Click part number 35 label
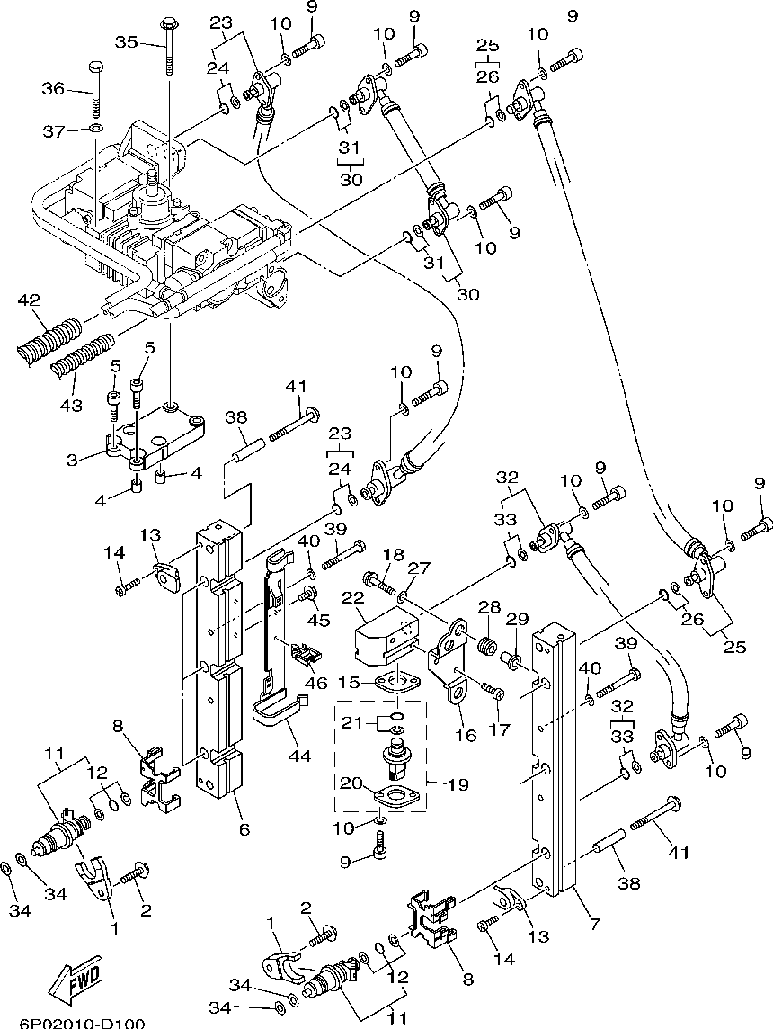pyautogui.click(x=127, y=42)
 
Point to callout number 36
pyautogui.click(x=54, y=87)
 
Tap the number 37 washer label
pyautogui.click(x=54, y=131)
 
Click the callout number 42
pyautogui.click(x=29, y=300)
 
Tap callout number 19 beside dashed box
pyautogui.click(x=459, y=783)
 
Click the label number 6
pyautogui.click(x=244, y=828)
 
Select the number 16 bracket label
pyautogui.click(x=466, y=734)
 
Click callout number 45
pyautogui.click(x=319, y=619)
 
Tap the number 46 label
pyautogui.click(x=316, y=683)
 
